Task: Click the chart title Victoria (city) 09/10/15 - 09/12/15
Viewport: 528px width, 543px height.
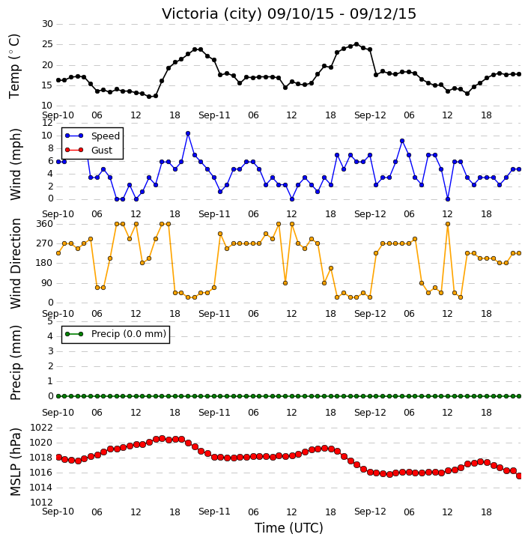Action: [x=289, y=13]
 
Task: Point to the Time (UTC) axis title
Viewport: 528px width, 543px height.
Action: [x=289, y=528]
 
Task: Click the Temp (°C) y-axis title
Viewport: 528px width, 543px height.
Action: [x=14, y=66]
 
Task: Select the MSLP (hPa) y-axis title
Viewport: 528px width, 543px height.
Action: [x=15, y=462]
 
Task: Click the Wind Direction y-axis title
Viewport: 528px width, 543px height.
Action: [x=15, y=264]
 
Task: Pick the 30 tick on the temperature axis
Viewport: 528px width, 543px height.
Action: [x=47, y=24]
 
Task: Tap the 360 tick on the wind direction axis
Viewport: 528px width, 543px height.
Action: [x=45, y=224]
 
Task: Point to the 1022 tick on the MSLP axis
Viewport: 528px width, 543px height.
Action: [x=41, y=428]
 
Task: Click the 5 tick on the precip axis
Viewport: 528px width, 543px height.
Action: [x=50, y=321]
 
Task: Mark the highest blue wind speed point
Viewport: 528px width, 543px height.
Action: [x=188, y=133]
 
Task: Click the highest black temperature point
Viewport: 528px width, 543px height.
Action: [x=356, y=44]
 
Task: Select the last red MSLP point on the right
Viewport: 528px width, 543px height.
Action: [x=519, y=476]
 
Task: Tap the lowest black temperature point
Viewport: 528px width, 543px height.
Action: [x=149, y=97]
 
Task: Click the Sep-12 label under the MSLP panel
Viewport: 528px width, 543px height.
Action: [x=370, y=512]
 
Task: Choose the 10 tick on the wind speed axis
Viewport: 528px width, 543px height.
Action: [x=47, y=136]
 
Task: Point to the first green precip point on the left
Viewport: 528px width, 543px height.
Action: [x=58, y=396]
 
